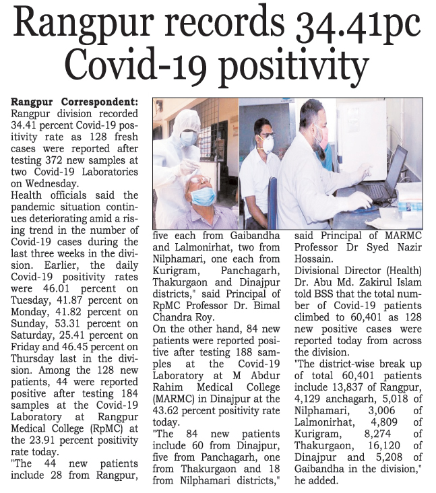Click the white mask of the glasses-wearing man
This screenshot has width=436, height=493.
[267, 143]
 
